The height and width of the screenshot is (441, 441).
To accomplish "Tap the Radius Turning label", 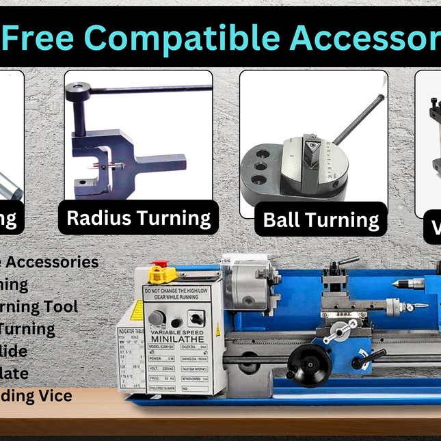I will click(138, 218).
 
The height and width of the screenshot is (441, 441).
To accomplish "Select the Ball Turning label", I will click(321, 219).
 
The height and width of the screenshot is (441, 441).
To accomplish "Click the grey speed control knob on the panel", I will click(157, 318).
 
